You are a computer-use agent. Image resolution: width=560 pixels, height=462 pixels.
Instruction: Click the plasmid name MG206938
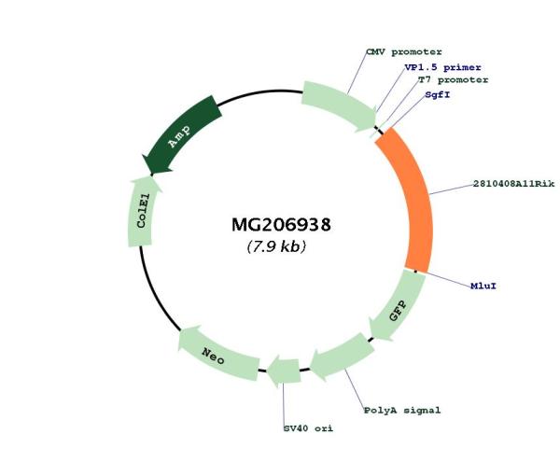click(281, 225)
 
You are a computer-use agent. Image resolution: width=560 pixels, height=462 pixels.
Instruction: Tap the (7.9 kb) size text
click(276, 246)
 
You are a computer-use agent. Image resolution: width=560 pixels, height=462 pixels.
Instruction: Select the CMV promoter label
click(404, 52)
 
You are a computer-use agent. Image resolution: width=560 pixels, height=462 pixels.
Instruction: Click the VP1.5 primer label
click(442, 67)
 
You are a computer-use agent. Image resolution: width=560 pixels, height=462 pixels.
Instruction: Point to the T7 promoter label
click(454, 80)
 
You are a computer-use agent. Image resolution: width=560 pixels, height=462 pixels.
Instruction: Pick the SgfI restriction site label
click(438, 95)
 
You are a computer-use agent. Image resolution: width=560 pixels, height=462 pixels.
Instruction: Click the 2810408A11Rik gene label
click(514, 184)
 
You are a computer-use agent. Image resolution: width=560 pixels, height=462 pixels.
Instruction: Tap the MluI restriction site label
click(483, 286)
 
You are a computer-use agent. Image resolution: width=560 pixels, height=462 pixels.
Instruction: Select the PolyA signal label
click(402, 411)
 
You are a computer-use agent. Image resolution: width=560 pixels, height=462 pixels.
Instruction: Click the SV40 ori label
click(308, 428)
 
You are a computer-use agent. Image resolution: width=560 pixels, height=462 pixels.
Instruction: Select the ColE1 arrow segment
click(142, 211)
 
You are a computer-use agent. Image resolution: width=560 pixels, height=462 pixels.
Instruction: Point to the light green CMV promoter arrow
click(339, 105)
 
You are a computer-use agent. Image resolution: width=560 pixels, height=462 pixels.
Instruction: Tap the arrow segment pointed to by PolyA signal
click(342, 356)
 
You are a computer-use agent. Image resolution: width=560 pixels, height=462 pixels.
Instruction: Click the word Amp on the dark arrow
click(179, 137)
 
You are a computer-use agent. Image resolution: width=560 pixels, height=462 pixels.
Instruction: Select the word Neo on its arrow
click(213, 357)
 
